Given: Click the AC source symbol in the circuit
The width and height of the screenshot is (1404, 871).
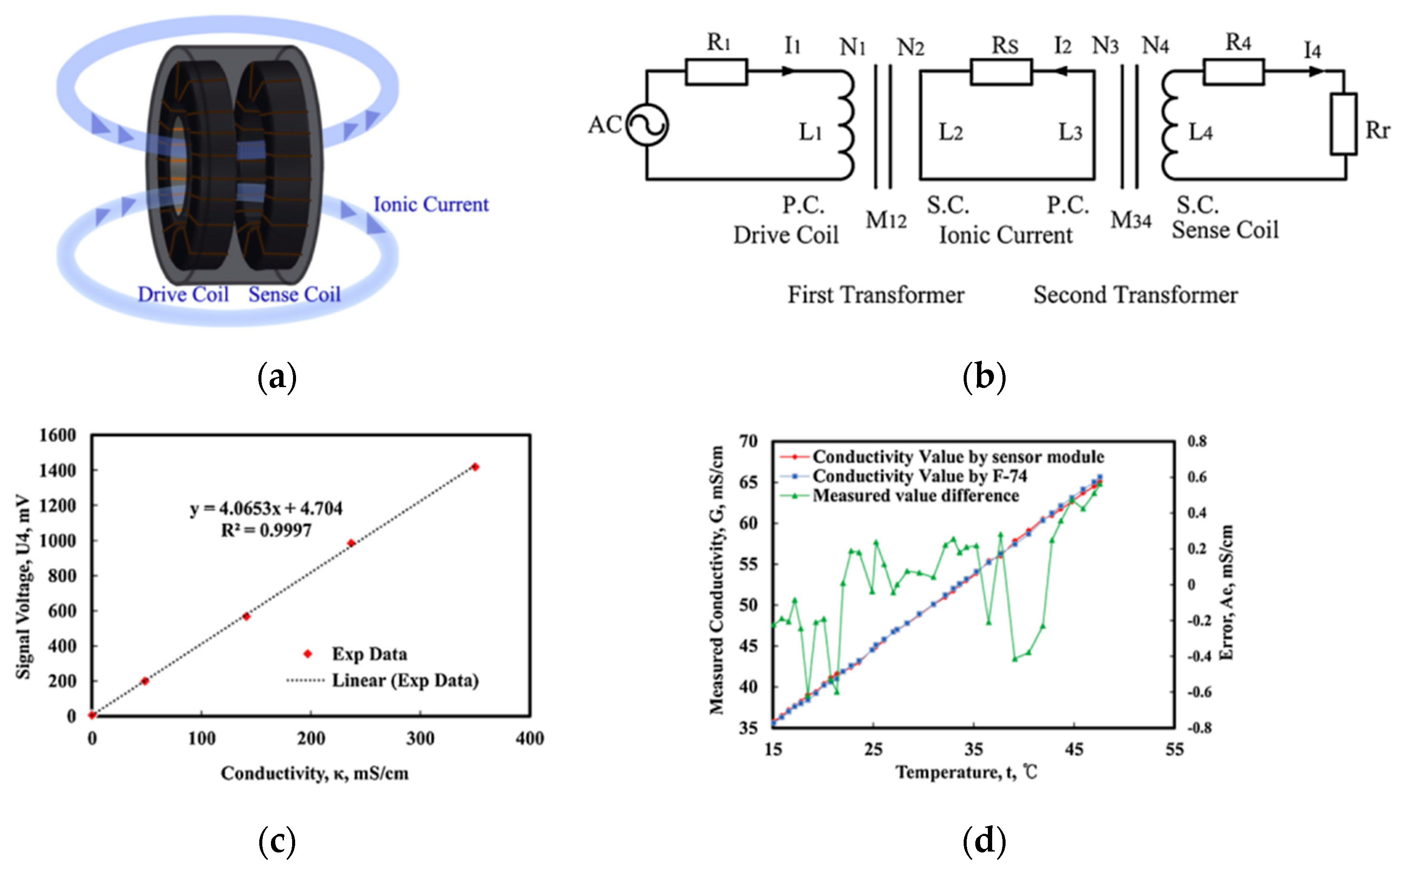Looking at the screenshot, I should [646, 124].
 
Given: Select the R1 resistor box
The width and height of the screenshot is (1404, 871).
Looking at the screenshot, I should [716, 72].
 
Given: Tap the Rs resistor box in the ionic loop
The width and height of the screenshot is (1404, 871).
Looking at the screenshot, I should [1001, 72].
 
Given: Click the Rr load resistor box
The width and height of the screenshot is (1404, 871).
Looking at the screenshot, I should [1343, 124].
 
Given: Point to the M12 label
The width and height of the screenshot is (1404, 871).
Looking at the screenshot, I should [885, 220].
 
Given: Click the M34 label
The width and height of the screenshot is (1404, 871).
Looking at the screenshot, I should [1130, 220].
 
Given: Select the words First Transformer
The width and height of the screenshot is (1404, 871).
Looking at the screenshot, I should [875, 295].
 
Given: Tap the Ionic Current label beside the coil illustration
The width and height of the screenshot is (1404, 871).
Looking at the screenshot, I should [430, 204].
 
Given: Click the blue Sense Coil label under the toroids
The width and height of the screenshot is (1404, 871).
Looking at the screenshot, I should [294, 294].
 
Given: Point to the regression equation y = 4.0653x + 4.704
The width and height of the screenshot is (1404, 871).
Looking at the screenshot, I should [266, 508].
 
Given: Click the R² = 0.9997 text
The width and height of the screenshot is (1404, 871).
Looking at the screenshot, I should [266, 530].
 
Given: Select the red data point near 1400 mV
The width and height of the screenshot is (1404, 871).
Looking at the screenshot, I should [475, 467].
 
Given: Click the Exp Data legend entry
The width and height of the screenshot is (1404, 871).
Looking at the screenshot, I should [369, 654].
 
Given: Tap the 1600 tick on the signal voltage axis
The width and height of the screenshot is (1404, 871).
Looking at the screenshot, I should [57, 435].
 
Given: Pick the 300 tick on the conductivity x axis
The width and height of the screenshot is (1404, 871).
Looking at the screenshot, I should [420, 738].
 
